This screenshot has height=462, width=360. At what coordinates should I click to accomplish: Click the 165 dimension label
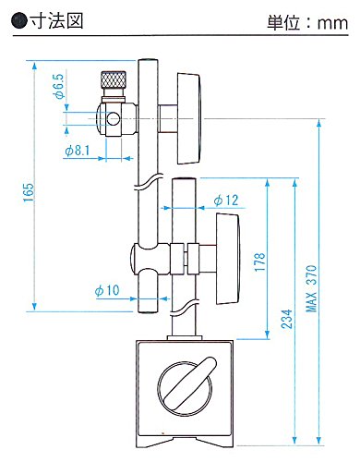point(29,192)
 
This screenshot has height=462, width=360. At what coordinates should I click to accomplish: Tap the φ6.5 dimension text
point(58,86)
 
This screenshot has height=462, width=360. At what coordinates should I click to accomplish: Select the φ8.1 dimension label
point(78,151)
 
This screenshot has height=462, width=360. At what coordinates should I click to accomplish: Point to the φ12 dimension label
point(226,201)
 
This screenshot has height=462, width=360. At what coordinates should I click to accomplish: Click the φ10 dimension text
point(107,290)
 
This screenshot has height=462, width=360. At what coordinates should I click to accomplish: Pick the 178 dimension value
point(260,261)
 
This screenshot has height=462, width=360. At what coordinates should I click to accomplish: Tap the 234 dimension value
point(286,319)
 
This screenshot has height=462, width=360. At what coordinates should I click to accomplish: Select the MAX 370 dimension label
point(311,288)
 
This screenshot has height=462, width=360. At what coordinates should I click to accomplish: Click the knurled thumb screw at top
point(114,80)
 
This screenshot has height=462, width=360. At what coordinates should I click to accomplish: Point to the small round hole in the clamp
point(114,118)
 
